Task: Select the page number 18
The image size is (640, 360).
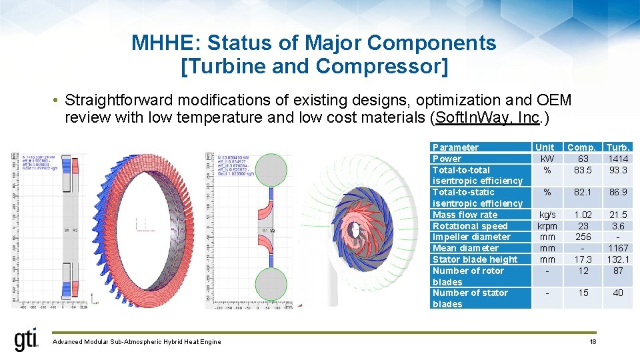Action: click(593, 342)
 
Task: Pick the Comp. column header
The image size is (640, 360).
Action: click(582, 147)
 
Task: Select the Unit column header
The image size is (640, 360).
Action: click(545, 147)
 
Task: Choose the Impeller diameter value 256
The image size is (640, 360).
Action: click(583, 237)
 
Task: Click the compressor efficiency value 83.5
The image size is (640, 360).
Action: click(583, 170)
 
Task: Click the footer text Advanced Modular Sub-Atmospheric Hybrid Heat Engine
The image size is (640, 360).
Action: click(136, 342)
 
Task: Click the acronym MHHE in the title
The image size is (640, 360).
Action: click(166, 43)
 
